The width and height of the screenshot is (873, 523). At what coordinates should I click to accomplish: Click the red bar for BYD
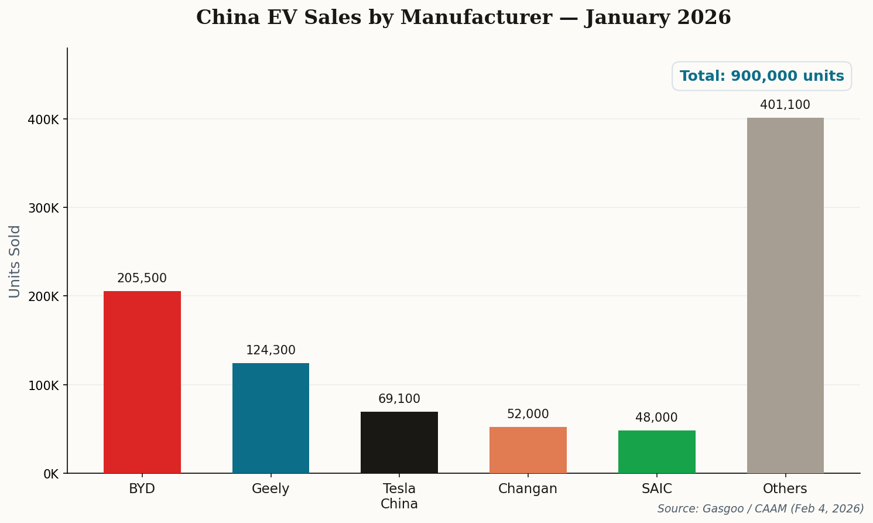(142, 382)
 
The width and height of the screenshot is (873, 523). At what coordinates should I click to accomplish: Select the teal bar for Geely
(271, 418)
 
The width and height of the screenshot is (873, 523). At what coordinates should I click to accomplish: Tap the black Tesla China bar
(399, 442)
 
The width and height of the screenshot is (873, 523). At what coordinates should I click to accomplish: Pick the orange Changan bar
(528, 450)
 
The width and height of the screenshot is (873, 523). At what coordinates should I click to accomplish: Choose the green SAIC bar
(656, 452)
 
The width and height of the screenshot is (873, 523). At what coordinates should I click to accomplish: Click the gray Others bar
(785, 295)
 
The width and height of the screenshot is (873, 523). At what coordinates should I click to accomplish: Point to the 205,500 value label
(142, 279)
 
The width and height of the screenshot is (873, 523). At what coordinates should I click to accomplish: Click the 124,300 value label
(271, 350)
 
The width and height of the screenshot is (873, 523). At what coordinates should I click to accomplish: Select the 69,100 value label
(399, 399)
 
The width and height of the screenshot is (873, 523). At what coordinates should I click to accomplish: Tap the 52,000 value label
(528, 414)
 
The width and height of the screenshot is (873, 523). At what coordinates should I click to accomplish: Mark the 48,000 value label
(656, 418)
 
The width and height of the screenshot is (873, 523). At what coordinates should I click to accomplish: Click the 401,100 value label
(785, 105)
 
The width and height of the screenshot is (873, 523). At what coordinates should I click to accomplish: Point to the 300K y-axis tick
(44, 208)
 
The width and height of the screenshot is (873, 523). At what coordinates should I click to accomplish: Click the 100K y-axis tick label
(44, 385)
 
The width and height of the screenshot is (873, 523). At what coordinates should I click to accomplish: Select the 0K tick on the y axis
(51, 474)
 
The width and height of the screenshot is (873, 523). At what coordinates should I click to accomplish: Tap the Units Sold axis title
(15, 261)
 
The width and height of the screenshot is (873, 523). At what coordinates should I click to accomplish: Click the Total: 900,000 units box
(761, 76)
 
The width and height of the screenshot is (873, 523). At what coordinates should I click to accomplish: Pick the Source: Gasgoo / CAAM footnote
(760, 508)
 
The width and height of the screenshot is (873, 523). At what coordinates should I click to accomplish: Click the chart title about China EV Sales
(463, 18)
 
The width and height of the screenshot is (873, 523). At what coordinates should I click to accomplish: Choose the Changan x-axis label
(528, 488)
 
